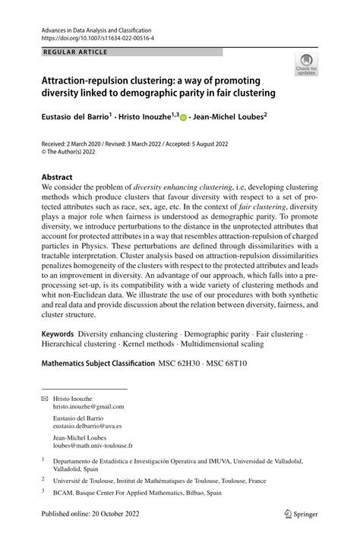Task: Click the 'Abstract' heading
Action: click(57, 177)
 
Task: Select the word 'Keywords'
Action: click(57, 333)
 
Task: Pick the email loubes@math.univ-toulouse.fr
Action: click(93, 446)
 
